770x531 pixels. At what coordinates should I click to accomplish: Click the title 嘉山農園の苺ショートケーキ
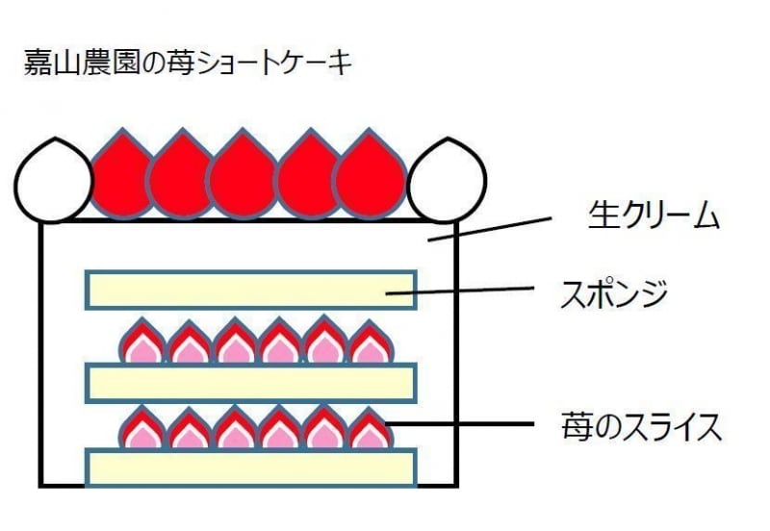click(x=189, y=64)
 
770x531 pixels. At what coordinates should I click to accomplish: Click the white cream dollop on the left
click(x=53, y=183)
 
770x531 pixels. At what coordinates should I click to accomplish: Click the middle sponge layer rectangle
click(x=250, y=382)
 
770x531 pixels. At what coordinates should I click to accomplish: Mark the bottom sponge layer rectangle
click(x=250, y=468)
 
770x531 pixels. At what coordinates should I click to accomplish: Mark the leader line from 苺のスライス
click(x=462, y=424)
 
